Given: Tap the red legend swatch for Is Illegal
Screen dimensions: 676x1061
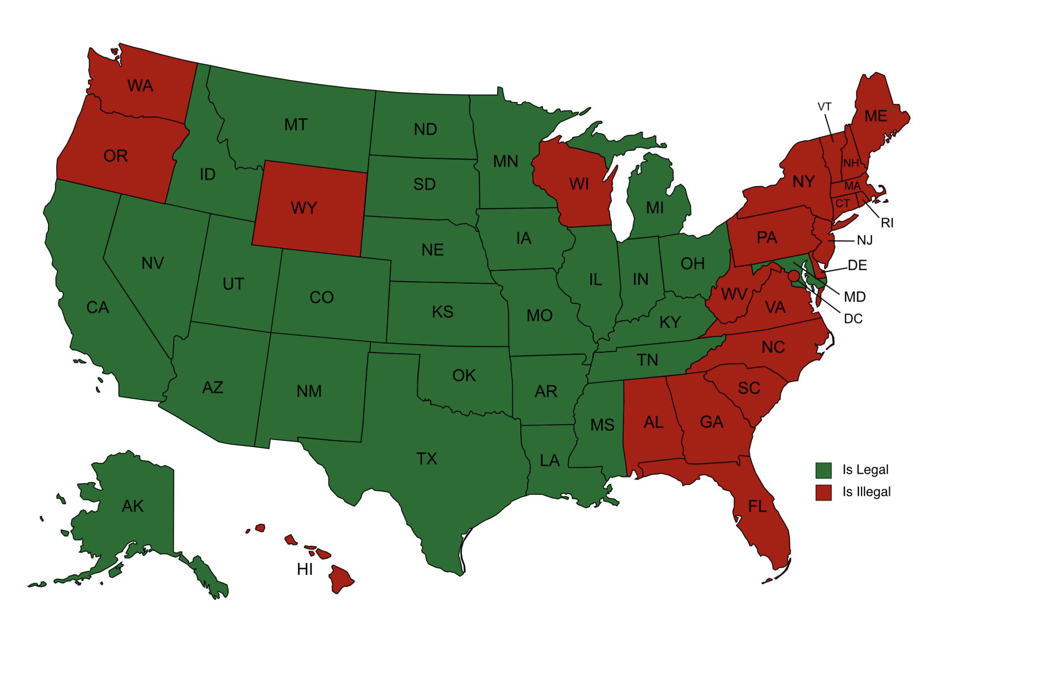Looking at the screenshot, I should point(823,492).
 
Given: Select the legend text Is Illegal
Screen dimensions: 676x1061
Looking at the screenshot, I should point(866,492).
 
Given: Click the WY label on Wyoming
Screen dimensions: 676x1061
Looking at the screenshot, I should point(304,207).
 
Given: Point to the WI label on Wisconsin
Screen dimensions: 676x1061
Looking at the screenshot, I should point(579,184).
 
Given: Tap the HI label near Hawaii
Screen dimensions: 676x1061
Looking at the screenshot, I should point(305,570).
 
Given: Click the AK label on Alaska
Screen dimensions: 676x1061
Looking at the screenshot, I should point(133,506).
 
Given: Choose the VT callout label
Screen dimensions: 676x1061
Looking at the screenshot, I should point(824,106).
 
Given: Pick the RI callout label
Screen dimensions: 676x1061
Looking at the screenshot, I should point(887,223).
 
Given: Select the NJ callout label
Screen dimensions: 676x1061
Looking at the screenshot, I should point(864,240).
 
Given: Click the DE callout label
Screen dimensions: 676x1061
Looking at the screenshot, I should point(857,265).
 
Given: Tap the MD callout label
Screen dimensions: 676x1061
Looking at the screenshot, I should point(855,297).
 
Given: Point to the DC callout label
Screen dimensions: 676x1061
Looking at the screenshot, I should point(853,319).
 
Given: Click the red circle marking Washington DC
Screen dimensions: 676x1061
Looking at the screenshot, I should point(793,276).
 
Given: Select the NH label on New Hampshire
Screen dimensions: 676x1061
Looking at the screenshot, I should point(851,164).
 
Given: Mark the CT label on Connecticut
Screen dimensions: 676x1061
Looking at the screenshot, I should point(842,204).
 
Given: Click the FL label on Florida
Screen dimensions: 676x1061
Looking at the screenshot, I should point(757,506).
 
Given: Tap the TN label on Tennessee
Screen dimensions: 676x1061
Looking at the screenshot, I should point(647,361).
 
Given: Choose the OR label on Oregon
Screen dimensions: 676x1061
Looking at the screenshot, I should point(115,156).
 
